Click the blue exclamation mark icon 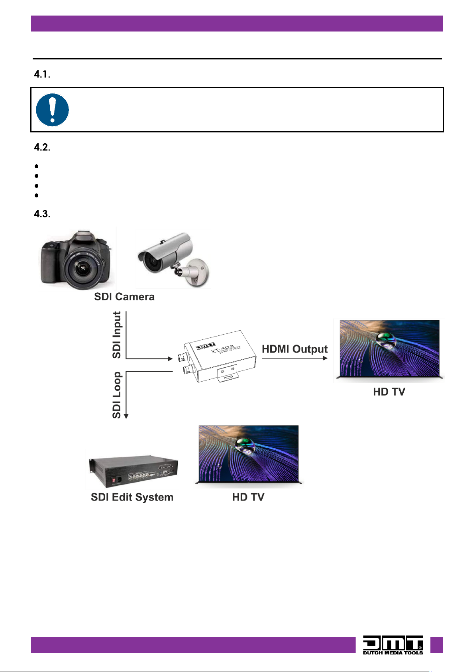pos(52,110)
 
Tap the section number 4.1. pos(42,75)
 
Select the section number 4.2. pos(42,148)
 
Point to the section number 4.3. pos(42,214)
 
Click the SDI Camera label pos(124,297)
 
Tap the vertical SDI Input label pos(117,335)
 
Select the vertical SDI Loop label pos(117,395)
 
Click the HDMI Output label pos(294,349)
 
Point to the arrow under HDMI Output pos(295,358)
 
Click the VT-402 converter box pos(219,356)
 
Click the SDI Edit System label pos(132,497)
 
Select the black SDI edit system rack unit pos(133,471)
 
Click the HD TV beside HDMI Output pos(389,349)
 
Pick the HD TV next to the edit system pos(249,455)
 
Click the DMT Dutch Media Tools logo pos(393,645)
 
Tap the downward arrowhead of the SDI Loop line pos(126,416)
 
